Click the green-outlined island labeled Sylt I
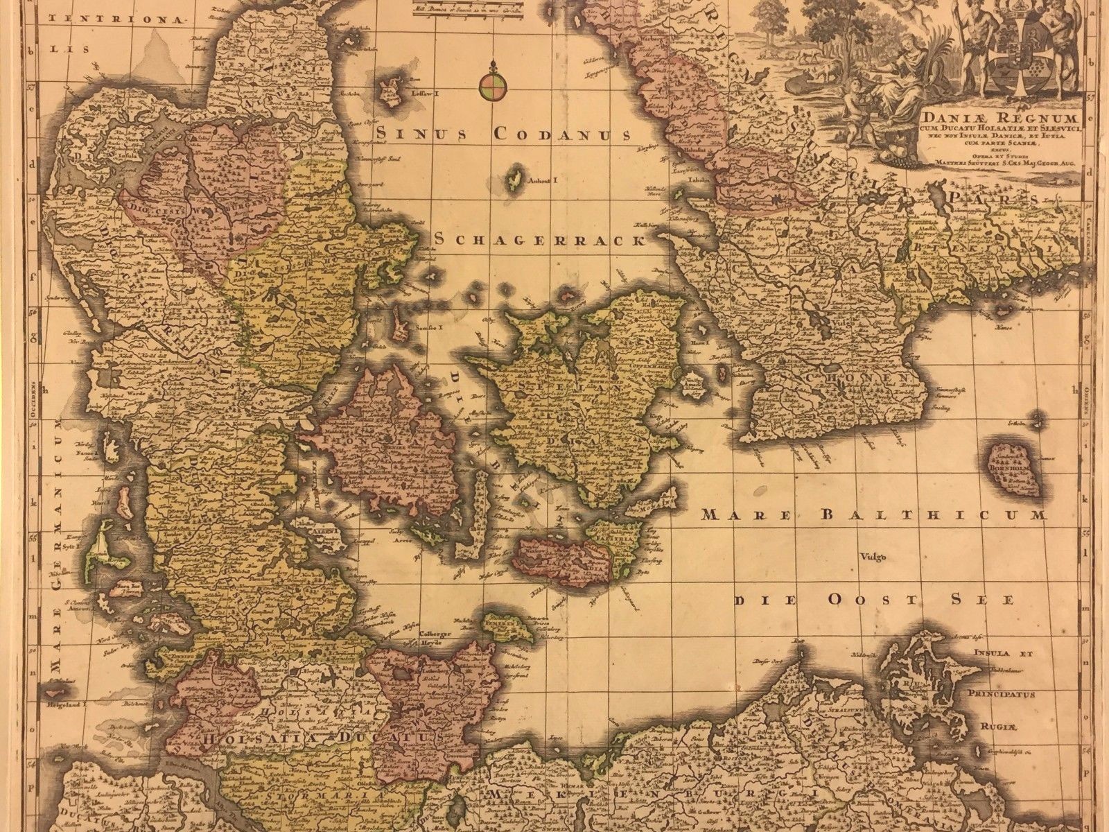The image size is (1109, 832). (92, 547)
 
